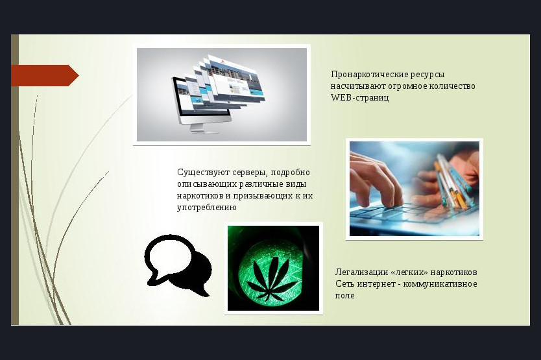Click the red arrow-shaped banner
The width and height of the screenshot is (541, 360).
pos(45,75)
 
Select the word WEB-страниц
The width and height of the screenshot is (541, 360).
pos(359,97)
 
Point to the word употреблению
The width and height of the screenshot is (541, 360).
pos(207,208)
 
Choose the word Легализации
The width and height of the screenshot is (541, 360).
pos(362,272)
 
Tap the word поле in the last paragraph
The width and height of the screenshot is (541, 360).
pos(344,295)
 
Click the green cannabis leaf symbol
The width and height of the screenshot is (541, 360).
pos(272,279)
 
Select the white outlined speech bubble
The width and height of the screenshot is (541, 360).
pos(168,257)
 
